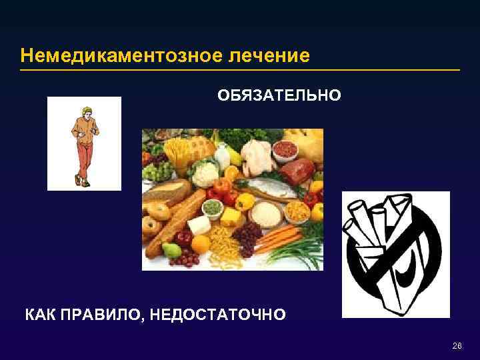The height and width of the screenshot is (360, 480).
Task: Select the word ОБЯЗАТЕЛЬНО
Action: (x=279, y=96)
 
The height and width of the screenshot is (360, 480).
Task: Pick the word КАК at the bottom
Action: (x=39, y=314)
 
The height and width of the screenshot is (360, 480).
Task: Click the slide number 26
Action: (x=457, y=345)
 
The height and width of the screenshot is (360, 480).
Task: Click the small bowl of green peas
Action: (x=213, y=207)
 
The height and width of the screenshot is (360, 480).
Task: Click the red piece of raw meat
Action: (x=297, y=172)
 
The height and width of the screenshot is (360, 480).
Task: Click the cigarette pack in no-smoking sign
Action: (x=383, y=247)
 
